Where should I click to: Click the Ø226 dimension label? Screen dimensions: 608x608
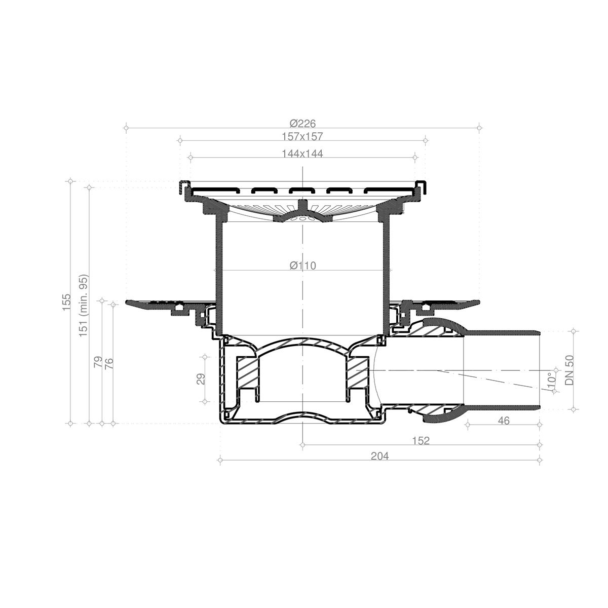coord(302,123)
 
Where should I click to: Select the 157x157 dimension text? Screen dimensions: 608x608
coord(302,136)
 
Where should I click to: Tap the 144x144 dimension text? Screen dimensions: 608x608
coord(302,154)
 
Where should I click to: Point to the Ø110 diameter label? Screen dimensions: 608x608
coord(302,265)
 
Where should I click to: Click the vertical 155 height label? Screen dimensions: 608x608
coord(66,302)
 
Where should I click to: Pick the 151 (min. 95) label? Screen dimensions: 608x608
coord(84,306)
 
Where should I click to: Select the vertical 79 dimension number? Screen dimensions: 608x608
coord(98,361)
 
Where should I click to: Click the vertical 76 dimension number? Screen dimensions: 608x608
coord(109,363)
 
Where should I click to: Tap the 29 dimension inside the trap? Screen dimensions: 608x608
coord(201,379)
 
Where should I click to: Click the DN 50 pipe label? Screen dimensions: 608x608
coord(569,370)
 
